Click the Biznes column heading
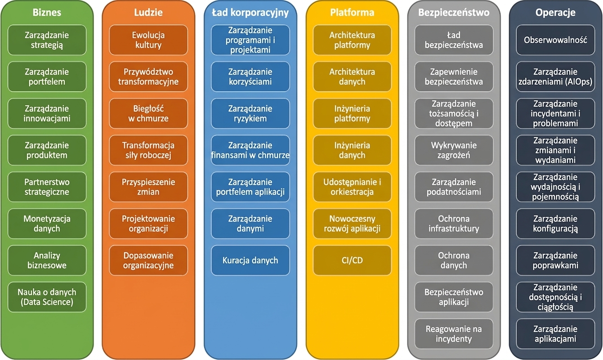(x=47, y=13)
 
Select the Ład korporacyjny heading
(x=250, y=13)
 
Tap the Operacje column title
(x=555, y=13)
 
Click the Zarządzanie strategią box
(x=47, y=40)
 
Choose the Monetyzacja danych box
(x=47, y=224)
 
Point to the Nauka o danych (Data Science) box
(x=47, y=297)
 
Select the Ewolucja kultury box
(x=148, y=40)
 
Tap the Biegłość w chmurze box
(x=148, y=113)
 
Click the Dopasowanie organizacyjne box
(x=148, y=260)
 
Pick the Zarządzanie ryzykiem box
(x=250, y=113)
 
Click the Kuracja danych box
(x=250, y=260)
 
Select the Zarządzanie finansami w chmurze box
(x=250, y=150)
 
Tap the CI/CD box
(x=352, y=260)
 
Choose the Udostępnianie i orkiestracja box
(x=352, y=187)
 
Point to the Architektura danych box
(x=352, y=76)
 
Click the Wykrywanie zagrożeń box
(x=454, y=150)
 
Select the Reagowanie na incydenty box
(x=454, y=334)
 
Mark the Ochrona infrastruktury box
(x=454, y=224)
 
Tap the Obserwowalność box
(x=555, y=40)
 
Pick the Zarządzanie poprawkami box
(x=555, y=260)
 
